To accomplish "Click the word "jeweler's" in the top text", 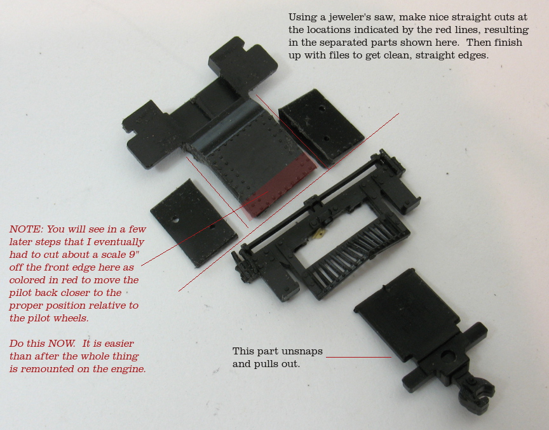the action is pos(351,18).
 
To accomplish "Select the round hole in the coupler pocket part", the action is pos(448,357).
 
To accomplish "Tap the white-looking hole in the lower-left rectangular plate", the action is pos(175,220).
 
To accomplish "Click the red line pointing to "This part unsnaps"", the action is pos(358,357).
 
